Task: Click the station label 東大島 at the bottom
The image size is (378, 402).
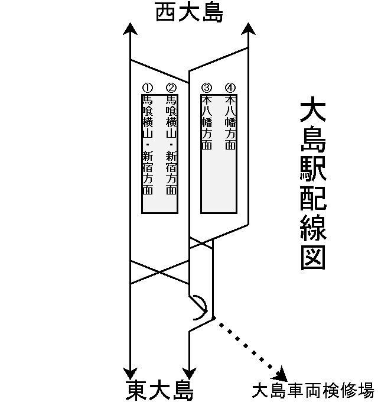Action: [159, 390]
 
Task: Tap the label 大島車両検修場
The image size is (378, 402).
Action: [312, 391]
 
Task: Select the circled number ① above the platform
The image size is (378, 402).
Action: [148, 88]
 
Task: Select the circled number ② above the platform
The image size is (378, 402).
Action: [171, 88]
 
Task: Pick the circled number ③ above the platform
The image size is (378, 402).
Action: [207, 88]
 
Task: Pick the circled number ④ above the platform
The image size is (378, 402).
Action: [230, 88]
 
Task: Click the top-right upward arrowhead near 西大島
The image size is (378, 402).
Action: [248, 29]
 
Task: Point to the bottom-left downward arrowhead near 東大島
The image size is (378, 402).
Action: [130, 372]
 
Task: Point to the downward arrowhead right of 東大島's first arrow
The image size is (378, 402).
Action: [189, 372]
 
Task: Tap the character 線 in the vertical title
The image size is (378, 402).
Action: [313, 227]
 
